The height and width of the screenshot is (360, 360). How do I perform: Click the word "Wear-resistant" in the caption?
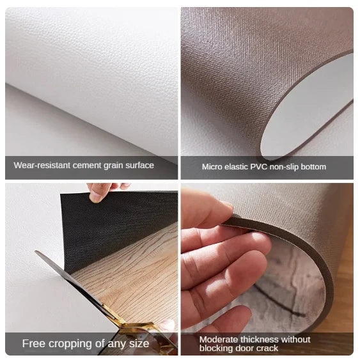click(x=42, y=166)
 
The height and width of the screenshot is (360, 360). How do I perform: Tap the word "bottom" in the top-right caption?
click(x=313, y=167)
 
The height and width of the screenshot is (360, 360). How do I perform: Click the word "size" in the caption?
click(x=139, y=344)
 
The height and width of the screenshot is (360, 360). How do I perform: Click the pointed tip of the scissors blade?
click(x=35, y=251)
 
